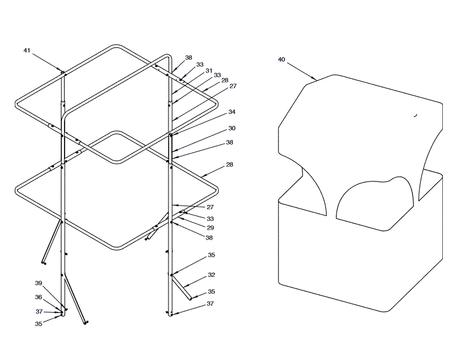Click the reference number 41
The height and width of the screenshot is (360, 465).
click(x=26, y=50)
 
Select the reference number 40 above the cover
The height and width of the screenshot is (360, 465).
click(x=281, y=60)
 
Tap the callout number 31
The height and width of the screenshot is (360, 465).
click(x=209, y=70)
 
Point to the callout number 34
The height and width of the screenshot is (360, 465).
click(x=231, y=112)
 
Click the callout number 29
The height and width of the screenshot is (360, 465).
click(x=210, y=228)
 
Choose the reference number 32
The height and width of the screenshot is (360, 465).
click(x=211, y=274)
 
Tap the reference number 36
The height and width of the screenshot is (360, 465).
click(x=38, y=297)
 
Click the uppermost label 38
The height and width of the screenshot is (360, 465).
click(x=188, y=57)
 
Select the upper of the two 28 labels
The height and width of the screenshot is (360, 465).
click(x=225, y=80)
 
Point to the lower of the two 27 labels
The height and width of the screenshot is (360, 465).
click(x=210, y=207)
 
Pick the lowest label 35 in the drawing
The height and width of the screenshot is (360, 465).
click(x=38, y=322)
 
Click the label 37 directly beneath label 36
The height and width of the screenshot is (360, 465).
click(x=38, y=311)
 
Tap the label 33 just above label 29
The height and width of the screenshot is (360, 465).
click(x=210, y=218)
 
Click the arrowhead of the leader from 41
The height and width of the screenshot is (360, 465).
click(x=62, y=71)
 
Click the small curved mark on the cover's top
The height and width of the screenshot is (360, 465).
click(x=415, y=114)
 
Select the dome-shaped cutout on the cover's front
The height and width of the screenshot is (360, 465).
click(x=375, y=200)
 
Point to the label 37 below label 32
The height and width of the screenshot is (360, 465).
click(x=210, y=304)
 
